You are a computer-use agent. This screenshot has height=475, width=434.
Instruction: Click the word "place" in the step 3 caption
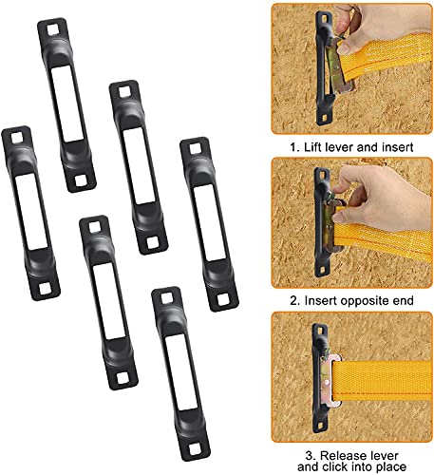coord(391,467)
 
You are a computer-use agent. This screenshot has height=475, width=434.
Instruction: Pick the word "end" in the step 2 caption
coord(404,300)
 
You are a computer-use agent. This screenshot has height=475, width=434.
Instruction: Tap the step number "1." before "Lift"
coord(295,147)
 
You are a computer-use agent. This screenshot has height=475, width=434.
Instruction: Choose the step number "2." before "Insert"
coord(295,300)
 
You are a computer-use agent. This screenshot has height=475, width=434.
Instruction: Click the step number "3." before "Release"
coord(311,456)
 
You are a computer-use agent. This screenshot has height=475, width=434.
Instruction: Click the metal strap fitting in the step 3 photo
coord(330,380)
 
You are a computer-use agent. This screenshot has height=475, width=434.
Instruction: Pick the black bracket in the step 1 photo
coord(323,68)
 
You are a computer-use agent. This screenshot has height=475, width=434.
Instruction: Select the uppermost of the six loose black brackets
coord(66,104)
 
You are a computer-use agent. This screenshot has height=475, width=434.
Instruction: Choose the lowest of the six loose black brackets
coord(180,373)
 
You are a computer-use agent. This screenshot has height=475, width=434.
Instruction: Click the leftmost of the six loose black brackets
coord(30,213)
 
